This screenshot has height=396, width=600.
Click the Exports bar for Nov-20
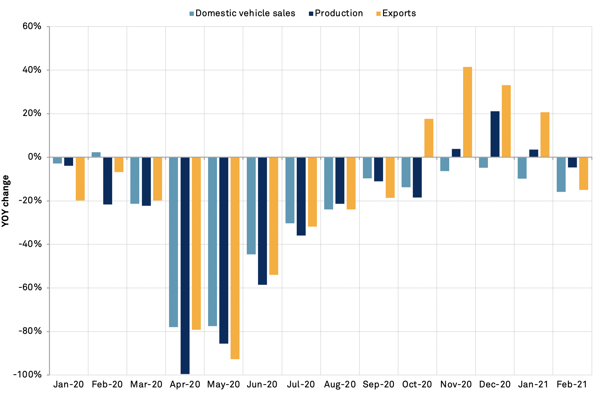(467, 112)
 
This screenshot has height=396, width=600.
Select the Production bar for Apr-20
(185, 265)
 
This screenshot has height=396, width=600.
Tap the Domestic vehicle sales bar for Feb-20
(96, 155)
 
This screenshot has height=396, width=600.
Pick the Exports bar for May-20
(235, 258)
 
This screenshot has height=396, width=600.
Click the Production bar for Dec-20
(495, 134)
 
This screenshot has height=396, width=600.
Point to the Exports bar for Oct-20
(429, 138)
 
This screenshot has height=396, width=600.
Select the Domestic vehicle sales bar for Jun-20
(251, 206)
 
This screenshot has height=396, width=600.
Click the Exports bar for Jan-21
(545, 135)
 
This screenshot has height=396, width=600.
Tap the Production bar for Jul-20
(301, 196)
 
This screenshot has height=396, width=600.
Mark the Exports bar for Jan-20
(80, 179)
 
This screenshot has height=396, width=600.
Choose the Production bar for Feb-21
(572, 162)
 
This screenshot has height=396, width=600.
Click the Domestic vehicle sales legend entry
(242, 13)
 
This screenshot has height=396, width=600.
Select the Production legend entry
(336, 13)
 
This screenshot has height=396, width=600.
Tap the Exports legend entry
(396, 13)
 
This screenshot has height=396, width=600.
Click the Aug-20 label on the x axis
(340, 384)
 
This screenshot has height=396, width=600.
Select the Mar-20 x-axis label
(146, 384)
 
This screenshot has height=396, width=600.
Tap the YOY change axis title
(6, 201)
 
